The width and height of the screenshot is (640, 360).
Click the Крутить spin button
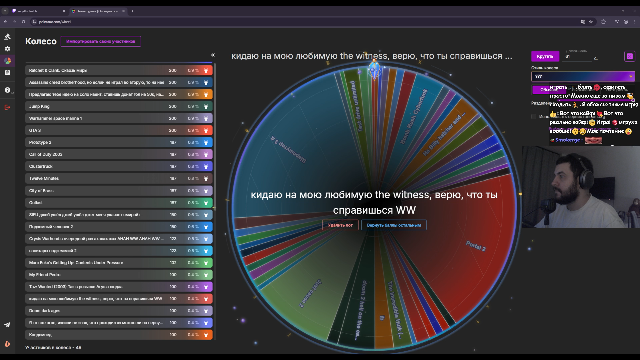pos(545,56)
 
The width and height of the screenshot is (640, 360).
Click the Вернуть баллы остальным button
pos(394,225)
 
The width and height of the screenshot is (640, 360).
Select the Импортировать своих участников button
pos(101,41)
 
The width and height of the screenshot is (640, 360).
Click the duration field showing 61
pos(576,57)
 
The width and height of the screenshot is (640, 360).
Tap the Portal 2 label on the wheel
pos(476,246)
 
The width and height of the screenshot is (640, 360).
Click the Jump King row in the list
pos(97,106)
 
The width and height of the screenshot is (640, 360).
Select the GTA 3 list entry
pos(97,130)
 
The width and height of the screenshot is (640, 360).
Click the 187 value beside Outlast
pos(173,203)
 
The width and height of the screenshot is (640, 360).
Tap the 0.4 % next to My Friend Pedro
pos(193,275)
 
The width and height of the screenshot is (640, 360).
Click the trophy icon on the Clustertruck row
pos(206,166)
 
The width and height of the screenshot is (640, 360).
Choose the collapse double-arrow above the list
pos(213,55)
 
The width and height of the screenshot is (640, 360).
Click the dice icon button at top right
pos(629,56)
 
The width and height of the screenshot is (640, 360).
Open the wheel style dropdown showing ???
pos(583,76)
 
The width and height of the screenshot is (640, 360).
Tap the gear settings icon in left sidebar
pos(7,49)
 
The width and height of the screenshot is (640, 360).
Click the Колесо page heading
pos(41,41)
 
